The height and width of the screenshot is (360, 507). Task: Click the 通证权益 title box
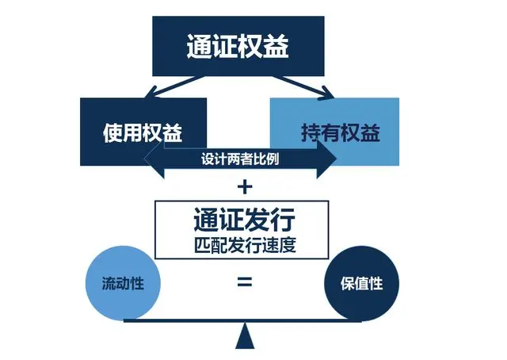click(x=238, y=44)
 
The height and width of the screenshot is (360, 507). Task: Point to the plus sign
click(x=245, y=187)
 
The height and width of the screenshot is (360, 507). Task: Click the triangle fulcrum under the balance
click(x=245, y=339)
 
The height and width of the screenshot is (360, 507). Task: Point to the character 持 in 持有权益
click(x=311, y=132)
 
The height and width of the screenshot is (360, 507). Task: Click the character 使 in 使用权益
click(x=114, y=132)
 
